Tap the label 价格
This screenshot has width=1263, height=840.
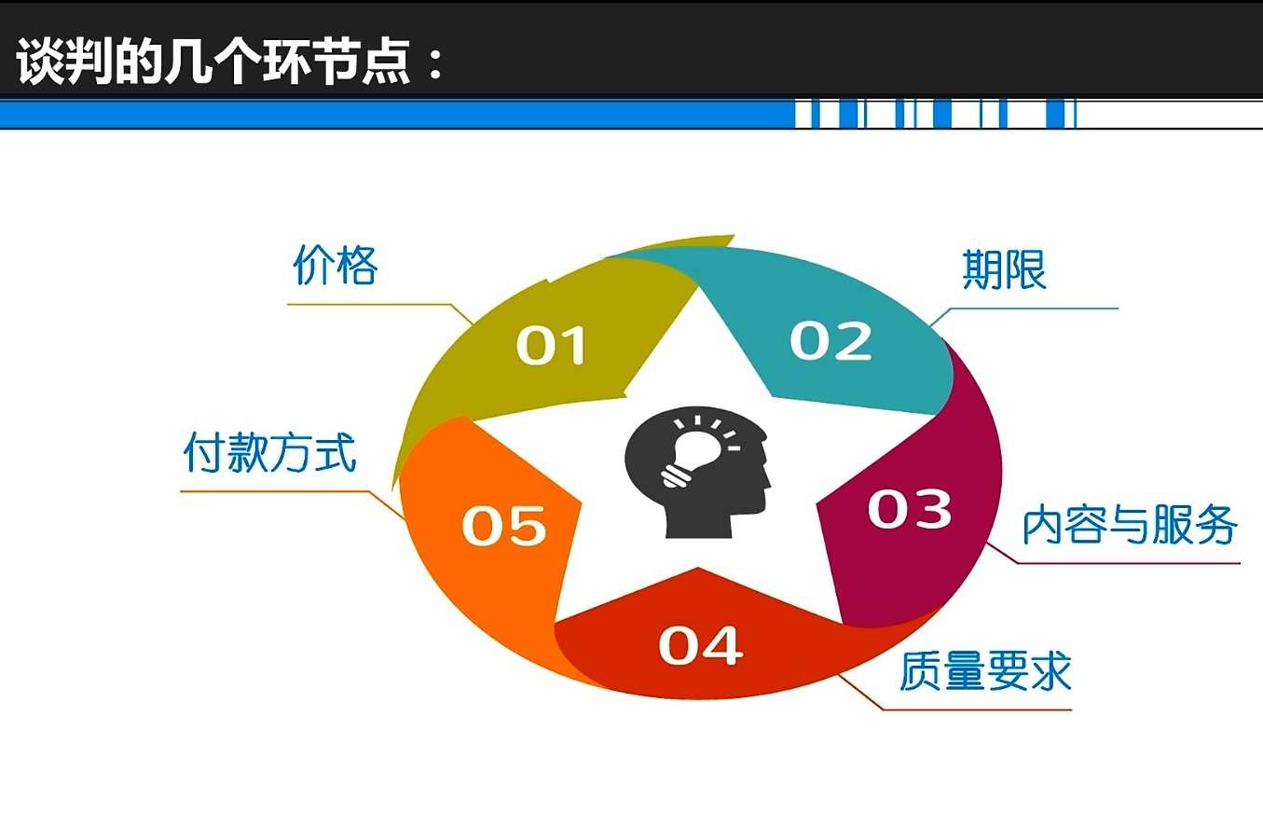point(336,266)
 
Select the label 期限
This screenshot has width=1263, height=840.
point(1004,270)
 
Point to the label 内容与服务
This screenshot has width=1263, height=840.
point(1130,526)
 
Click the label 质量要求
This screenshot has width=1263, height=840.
point(985,671)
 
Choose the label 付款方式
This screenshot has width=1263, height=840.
point(269,453)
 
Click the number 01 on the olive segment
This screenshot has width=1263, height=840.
point(551,345)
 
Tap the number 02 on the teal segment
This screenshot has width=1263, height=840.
point(831,341)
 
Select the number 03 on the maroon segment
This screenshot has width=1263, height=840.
point(909,509)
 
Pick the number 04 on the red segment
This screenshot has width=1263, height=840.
point(700,645)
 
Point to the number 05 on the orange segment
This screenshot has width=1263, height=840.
point(503,525)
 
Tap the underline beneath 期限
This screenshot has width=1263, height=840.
point(1035,308)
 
